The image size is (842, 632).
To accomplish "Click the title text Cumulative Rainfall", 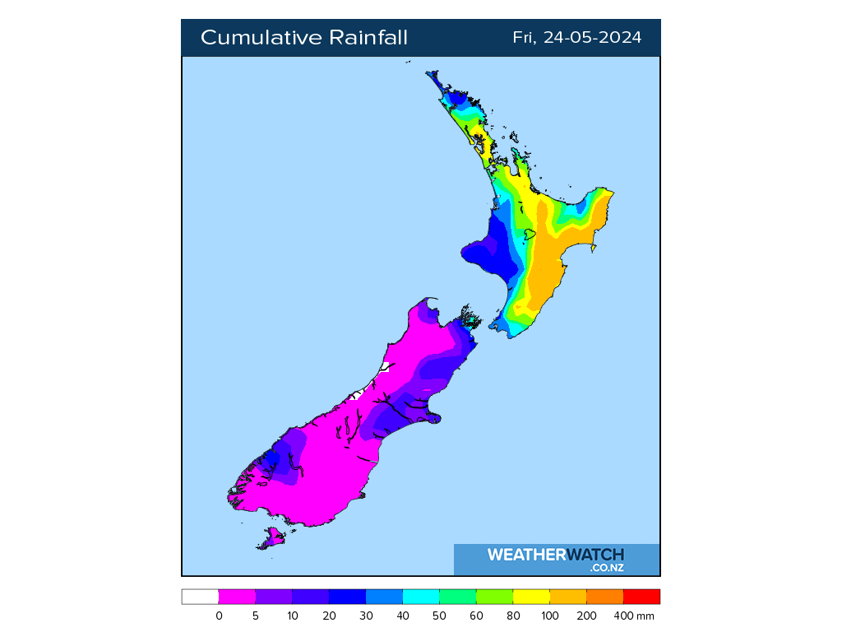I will [x=304, y=38].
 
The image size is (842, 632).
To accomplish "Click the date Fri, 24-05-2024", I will [x=576, y=38].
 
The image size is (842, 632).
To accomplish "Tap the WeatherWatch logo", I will [x=556, y=555].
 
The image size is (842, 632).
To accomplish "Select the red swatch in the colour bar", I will [x=641, y=597].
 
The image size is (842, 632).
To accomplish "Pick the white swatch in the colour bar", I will [x=200, y=597].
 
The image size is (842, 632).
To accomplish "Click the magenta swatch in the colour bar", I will [x=237, y=597].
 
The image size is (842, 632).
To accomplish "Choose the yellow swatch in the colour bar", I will [x=531, y=597].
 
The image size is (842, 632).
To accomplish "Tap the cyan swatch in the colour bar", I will [x=421, y=597].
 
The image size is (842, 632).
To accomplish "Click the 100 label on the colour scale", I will [x=550, y=616].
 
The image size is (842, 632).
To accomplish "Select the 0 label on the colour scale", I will [x=219, y=616].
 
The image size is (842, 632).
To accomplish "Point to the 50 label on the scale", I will [x=439, y=616].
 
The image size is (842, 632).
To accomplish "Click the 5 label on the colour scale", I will [x=256, y=616].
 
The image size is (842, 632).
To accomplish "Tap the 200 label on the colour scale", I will [x=586, y=616].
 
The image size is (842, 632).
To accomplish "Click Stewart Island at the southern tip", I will [x=271, y=539].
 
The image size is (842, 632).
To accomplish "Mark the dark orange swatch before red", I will [x=605, y=597].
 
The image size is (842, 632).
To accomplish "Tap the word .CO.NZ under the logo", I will [x=607, y=568].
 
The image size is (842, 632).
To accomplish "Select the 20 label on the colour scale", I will [x=329, y=616].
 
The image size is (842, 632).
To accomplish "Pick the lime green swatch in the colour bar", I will [x=494, y=597].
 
